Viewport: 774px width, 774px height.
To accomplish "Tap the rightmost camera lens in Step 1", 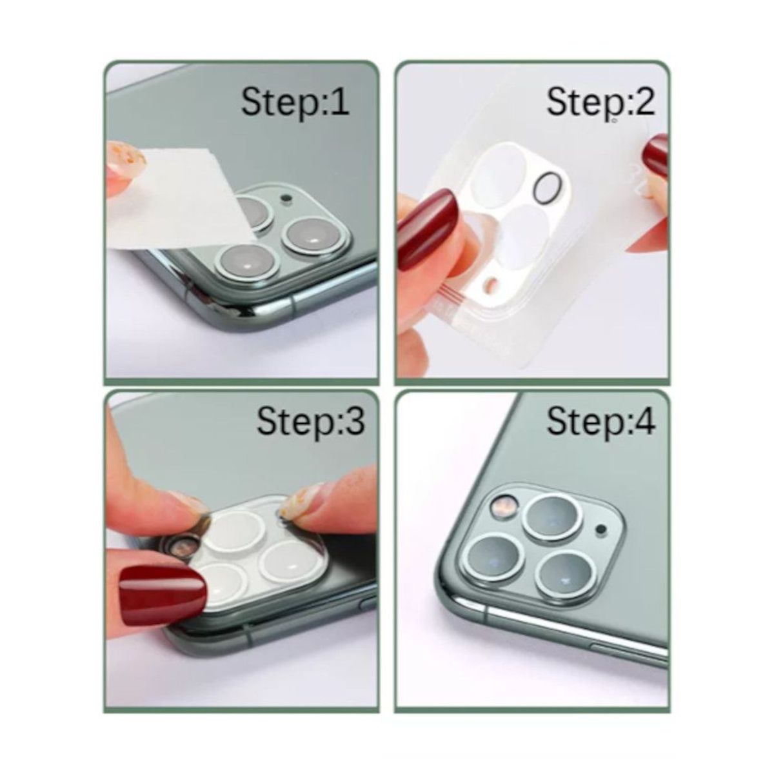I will [308, 237].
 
